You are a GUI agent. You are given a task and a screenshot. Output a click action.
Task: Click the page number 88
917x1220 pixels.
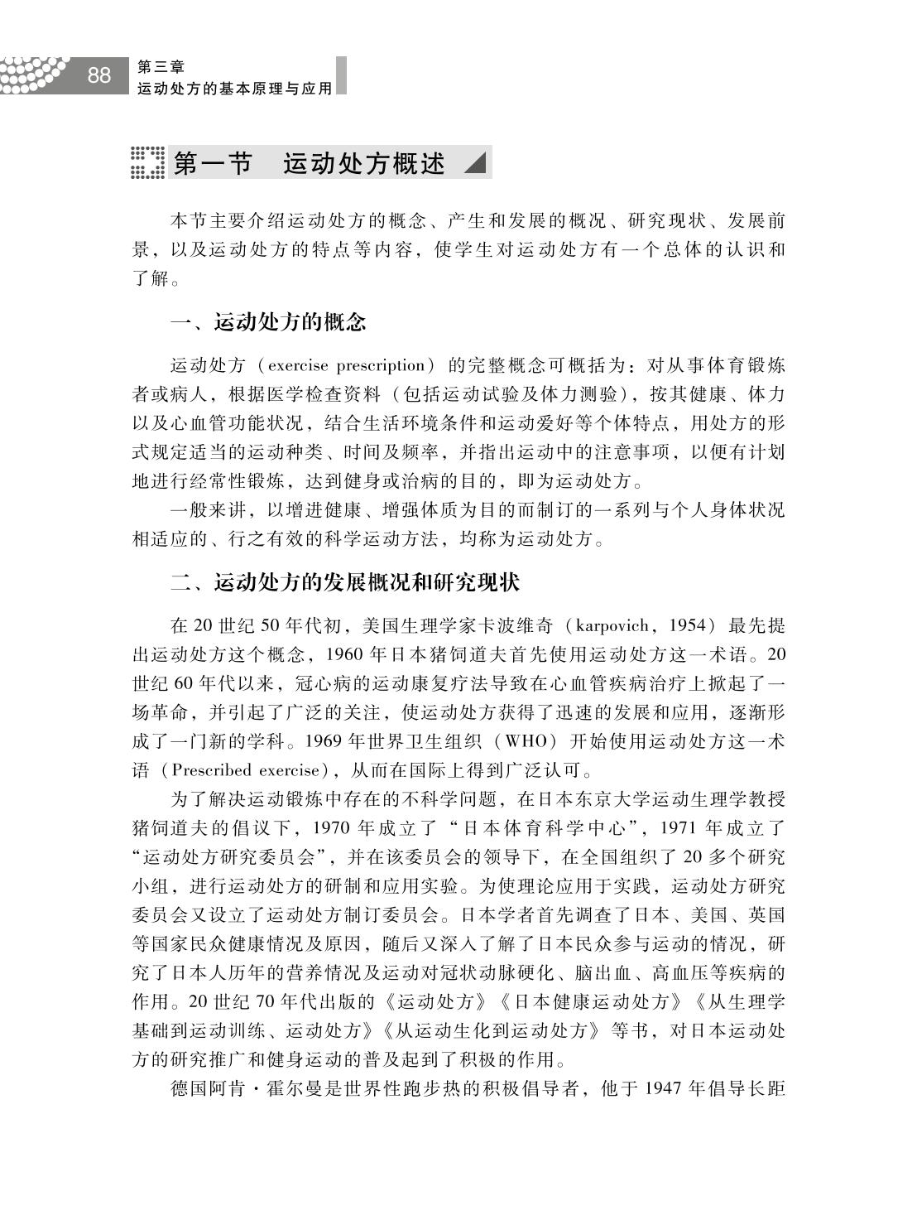(98, 75)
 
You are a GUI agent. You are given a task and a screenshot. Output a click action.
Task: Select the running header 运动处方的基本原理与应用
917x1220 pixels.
(234, 87)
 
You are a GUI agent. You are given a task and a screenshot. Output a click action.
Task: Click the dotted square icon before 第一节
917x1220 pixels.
(147, 162)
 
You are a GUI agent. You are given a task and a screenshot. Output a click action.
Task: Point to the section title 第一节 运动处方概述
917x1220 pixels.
(310, 163)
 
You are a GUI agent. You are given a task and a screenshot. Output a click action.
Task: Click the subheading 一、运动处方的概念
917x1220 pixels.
(268, 322)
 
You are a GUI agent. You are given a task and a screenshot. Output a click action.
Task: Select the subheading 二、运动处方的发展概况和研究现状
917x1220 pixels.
(345, 582)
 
